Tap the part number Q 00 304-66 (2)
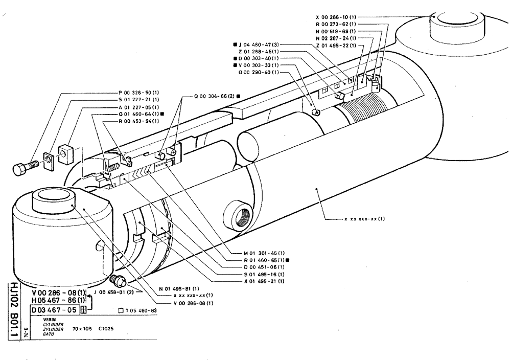[214, 96]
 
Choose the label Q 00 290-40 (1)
[259, 72]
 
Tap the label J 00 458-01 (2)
[113, 292]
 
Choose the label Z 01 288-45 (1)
[259, 52]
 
